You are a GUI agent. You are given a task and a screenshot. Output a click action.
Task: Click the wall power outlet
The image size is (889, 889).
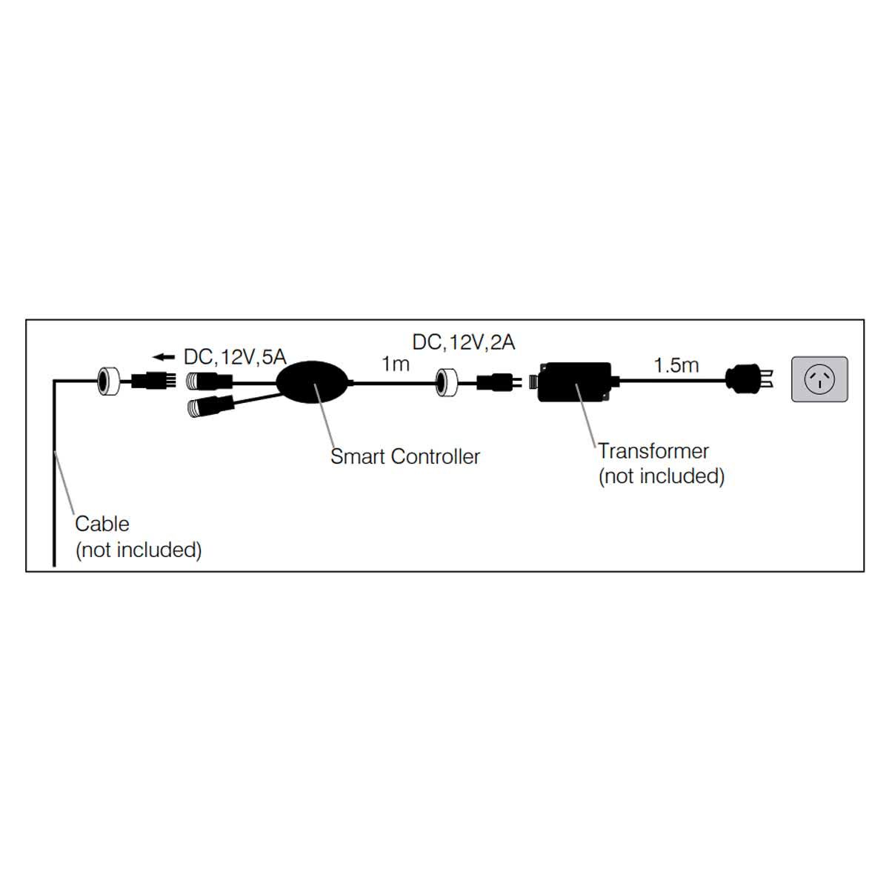(819, 379)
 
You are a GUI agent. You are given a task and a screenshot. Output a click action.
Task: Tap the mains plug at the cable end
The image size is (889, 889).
(749, 379)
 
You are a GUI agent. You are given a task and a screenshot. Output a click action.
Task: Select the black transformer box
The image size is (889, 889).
(575, 382)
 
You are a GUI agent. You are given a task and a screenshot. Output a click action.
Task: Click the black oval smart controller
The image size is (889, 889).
(314, 382)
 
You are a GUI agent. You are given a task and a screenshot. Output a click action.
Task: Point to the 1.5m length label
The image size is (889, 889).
(676, 364)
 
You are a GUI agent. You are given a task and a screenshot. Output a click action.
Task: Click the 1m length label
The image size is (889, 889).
(395, 364)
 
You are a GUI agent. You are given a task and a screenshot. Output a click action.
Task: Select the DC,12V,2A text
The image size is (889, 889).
(464, 342)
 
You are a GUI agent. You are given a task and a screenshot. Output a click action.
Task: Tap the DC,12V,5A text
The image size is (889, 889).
(234, 357)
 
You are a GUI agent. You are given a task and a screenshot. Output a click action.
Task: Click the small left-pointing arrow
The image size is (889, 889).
(164, 358)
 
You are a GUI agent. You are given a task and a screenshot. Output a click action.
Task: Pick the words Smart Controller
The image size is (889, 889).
(404, 456)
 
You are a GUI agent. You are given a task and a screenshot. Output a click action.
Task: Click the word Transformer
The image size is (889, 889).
(653, 451)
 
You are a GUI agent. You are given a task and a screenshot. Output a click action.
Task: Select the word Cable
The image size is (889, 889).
(102, 524)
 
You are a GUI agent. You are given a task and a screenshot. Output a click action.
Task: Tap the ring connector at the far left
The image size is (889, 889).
(109, 381)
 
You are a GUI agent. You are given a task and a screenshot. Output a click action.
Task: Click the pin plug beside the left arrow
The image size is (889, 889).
(152, 382)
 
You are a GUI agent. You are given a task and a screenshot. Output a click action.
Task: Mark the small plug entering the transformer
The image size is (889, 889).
(495, 382)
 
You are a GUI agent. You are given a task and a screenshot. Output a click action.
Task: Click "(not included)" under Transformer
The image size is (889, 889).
(661, 476)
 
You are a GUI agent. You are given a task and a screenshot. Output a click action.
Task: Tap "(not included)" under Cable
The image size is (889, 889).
(139, 550)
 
